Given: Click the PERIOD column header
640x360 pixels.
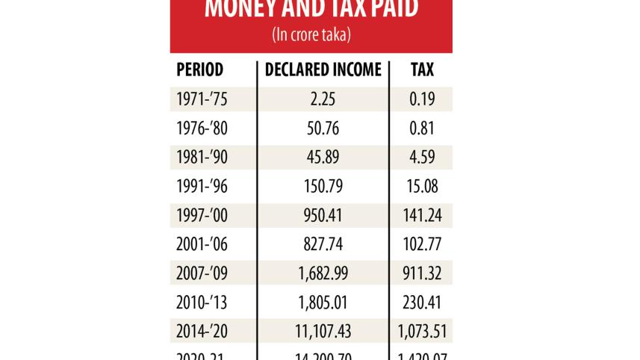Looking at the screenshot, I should [199, 70].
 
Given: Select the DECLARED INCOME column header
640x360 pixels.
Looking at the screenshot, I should [323, 70].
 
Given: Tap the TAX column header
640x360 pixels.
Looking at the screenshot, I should [422, 70].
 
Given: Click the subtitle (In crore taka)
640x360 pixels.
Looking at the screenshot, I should [311, 34].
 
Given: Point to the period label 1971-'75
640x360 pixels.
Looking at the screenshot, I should [202, 99].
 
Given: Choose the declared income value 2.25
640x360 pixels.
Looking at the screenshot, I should [323, 99].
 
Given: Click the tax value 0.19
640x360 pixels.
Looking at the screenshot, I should [422, 99].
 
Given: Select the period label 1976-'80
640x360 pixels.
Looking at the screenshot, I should [202, 128].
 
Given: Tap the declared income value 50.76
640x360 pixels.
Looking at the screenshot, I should [323, 128].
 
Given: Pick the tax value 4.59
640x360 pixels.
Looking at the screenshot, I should [422, 158].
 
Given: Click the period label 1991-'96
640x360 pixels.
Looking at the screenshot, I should [202, 187].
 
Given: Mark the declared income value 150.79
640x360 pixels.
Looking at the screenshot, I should [323, 187].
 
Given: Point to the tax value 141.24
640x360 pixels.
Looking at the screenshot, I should [422, 216].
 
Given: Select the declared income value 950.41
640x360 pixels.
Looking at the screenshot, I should [323, 216].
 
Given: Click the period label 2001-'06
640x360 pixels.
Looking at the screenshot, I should [202, 245].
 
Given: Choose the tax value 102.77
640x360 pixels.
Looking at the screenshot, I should [422, 245].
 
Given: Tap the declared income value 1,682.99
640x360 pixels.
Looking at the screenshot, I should [323, 274].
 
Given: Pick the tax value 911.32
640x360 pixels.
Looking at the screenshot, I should [422, 274].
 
